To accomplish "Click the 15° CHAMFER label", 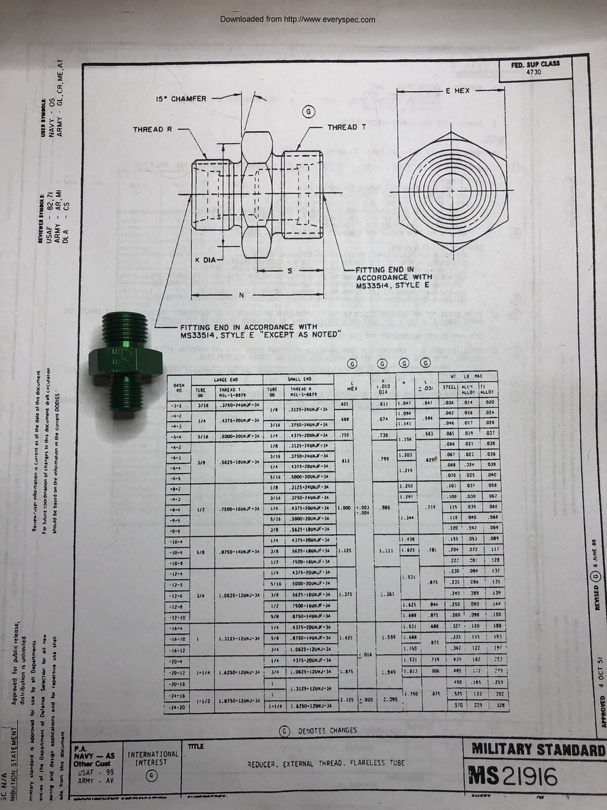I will coord(181,99).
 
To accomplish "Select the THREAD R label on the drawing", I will coord(152,130).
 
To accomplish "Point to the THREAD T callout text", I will coord(346,127).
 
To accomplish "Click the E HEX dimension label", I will coord(458,91).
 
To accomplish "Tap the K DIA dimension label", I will coord(205,260).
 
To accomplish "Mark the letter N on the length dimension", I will coord(241,295).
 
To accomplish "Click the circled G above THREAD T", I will coord(309,112).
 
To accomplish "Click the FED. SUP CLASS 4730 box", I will coord(536,68).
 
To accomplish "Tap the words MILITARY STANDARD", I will coord(538,749).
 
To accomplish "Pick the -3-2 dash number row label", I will coord(178,406).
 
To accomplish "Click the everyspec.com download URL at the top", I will coord(297,20).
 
